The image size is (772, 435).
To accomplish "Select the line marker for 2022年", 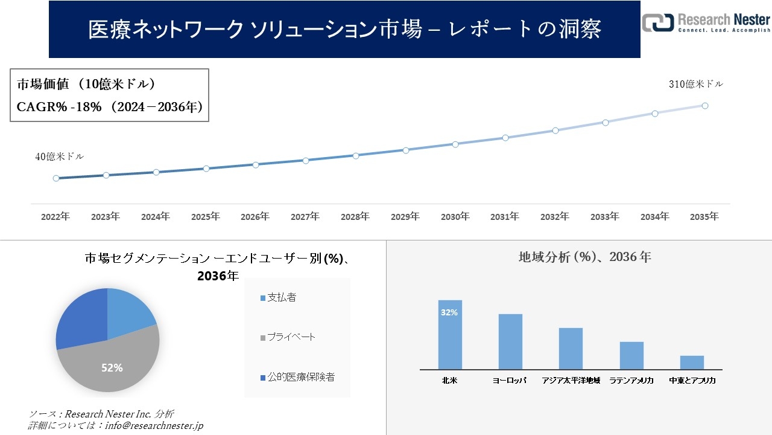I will click(x=56, y=178).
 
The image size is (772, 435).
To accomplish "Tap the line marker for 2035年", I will click(x=704, y=106).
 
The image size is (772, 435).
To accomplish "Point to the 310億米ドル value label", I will click(x=695, y=85).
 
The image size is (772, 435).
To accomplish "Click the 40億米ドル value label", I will click(x=60, y=156).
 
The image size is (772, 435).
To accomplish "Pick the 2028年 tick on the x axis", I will click(x=355, y=216).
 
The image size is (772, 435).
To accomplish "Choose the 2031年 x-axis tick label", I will click(x=505, y=216).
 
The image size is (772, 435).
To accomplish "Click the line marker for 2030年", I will click(x=455, y=144).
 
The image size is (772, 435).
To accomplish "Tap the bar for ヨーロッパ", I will click(x=510, y=341).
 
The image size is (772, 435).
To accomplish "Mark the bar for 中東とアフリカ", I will click(x=692, y=362).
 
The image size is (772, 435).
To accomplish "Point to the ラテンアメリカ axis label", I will click(x=631, y=381).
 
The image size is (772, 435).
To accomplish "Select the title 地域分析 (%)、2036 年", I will click(x=584, y=257).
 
